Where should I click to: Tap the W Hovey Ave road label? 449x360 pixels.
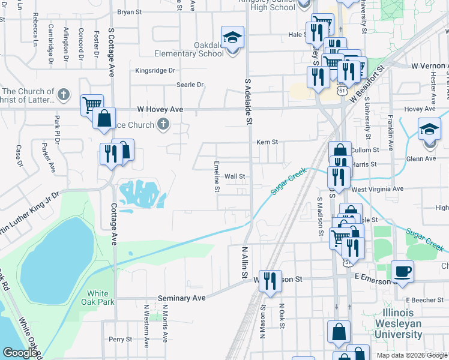(160, 109)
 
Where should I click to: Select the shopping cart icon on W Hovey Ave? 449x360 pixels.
(92, 104)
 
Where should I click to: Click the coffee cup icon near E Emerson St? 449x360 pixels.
(402, 271)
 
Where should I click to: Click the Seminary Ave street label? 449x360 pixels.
(182, 298)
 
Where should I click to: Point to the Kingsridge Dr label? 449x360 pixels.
(155, 70)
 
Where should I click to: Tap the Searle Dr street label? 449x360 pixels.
(190, 85)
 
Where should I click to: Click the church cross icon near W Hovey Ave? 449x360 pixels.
(161, 124)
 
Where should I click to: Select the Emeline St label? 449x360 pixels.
(217, 176)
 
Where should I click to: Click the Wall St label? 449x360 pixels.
(235, 177)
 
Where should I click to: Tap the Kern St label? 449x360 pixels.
(267, 142)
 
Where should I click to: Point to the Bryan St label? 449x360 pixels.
(129, 11)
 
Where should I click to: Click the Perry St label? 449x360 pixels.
(120, 339)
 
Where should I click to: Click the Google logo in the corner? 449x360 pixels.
(20, 353)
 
